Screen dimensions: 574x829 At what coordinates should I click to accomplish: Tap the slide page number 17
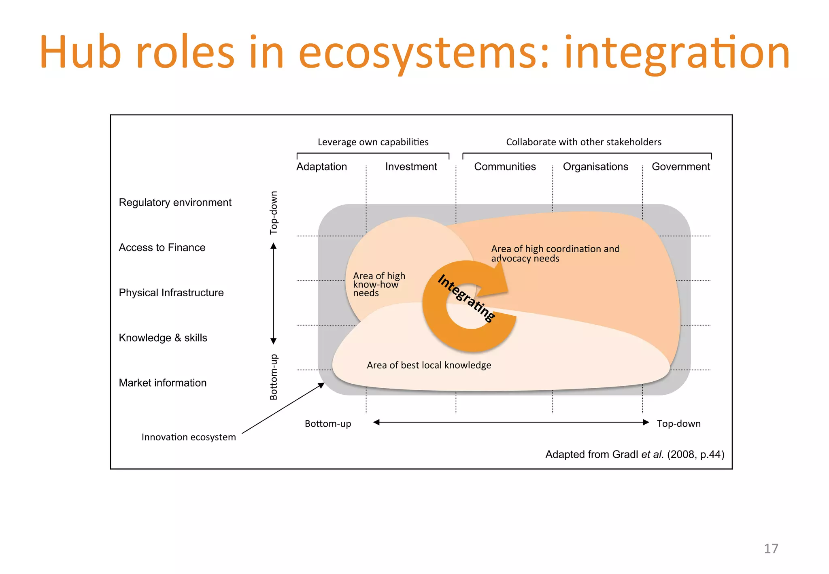coord(771,548)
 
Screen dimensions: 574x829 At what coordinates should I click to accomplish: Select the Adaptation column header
coord(321,167)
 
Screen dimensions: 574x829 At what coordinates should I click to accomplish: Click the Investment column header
coord(411,167)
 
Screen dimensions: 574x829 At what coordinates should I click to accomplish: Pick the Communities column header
coord(505,167)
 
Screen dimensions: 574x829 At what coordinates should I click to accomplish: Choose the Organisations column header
coord(595,167)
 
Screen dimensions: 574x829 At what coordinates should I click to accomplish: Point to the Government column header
coord(681,167)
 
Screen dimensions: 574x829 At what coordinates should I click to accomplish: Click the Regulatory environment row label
coord(175,202)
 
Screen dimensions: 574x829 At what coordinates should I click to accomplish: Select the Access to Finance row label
coord(162,247)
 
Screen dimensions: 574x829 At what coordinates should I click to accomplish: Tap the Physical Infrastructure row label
coord(171,293)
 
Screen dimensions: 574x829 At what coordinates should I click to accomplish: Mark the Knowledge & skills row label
coord(163,338)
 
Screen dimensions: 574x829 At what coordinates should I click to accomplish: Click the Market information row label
coord(163,383)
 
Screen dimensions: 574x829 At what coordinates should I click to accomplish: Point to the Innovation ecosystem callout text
coord(189,437)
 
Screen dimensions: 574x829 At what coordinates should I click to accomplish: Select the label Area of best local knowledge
coord(429,365)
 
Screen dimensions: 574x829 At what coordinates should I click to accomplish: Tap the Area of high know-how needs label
coord(378,284)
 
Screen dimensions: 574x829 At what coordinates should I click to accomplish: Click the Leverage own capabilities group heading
coord(373,142)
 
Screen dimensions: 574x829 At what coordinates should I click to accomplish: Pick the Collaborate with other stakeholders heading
coord(584,142)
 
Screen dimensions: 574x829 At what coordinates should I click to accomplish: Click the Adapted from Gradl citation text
coord(635,455)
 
